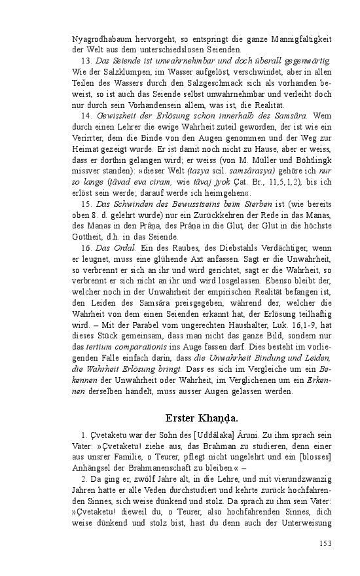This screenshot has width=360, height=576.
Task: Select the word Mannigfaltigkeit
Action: [x=296, y=39]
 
